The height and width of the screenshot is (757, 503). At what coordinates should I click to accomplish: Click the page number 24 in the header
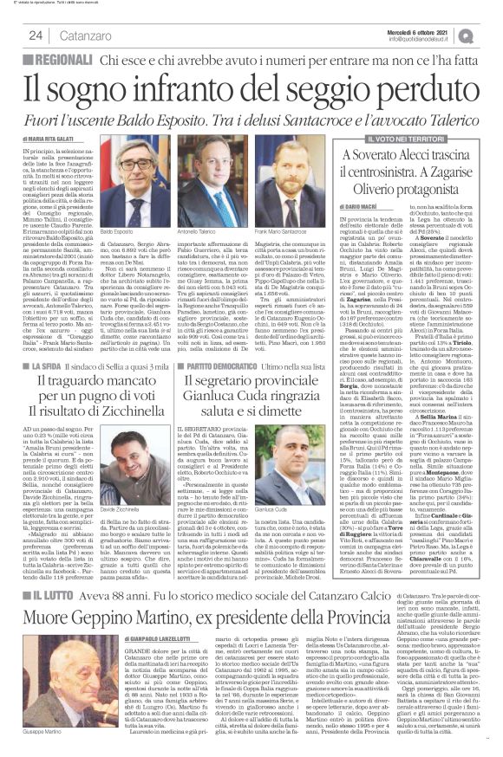coord(36,34)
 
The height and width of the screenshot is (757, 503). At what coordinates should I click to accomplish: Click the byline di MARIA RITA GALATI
coord(57,139)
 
